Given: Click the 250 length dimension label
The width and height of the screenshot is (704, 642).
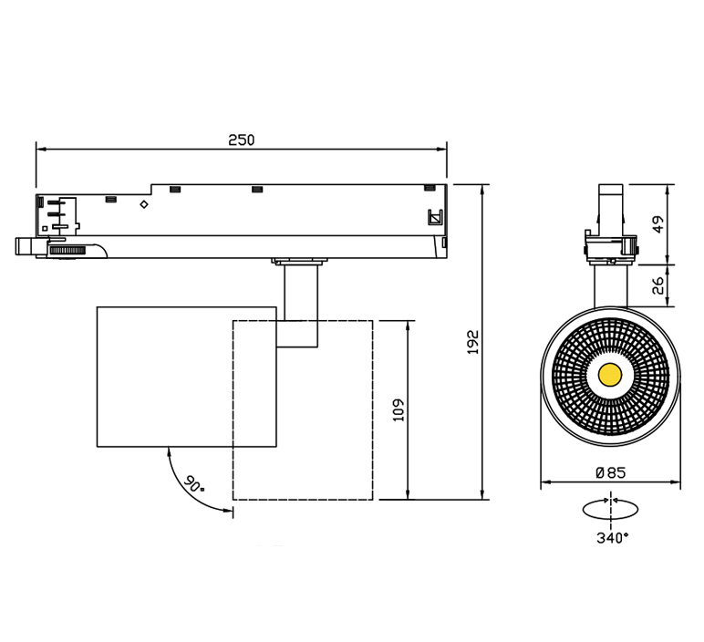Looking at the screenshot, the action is pos(241,140).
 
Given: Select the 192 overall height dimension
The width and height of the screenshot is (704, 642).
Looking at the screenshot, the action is pos(473,342).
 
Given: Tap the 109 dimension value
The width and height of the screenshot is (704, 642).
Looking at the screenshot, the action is pos(399,409).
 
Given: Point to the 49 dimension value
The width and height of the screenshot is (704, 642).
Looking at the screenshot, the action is pos(657,224).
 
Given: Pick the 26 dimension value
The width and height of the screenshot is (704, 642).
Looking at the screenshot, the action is pos(657,285).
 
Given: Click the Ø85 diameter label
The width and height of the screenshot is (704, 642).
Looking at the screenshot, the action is pos(611,472).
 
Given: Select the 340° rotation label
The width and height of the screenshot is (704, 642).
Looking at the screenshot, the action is pos(613,537).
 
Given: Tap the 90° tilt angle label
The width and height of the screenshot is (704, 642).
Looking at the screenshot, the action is pos(194,484).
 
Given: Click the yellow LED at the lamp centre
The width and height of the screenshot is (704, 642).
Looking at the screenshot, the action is pos(610,374).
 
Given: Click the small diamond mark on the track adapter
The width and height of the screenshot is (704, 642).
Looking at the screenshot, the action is pos(144,204).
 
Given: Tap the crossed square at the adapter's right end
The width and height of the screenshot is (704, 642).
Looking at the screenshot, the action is pos(435,218).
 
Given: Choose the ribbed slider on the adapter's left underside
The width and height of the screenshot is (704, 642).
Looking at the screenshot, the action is pos(67,251).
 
